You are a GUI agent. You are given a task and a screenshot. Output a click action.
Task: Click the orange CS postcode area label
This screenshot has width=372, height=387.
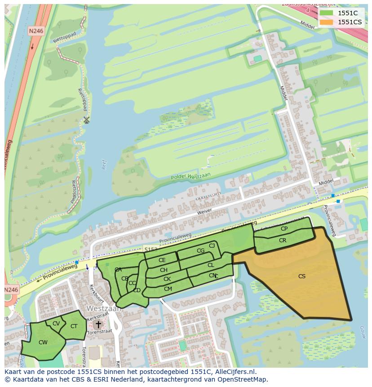click(302, 276)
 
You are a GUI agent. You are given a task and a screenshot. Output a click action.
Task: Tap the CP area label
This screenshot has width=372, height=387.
click(284, 229)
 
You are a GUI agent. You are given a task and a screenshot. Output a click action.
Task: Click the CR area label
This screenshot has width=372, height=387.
click(283, 240)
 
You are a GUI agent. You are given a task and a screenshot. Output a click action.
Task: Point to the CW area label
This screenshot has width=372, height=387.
click(43, 343)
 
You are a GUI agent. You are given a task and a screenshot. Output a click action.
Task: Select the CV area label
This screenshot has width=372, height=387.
click(56, 324)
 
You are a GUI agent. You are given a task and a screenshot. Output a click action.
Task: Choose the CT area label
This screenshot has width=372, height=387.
click(74, 326)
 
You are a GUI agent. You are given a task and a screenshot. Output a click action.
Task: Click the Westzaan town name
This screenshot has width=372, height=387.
click(104, 309)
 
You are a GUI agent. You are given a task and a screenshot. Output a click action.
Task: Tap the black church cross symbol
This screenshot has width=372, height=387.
click(98, 324)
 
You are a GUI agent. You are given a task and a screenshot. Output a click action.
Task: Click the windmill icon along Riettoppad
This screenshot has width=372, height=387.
click(86, 120)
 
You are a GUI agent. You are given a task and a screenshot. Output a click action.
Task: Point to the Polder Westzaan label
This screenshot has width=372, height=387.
click(190, 176)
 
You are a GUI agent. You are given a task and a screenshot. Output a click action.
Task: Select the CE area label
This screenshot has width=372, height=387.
click(162, 260)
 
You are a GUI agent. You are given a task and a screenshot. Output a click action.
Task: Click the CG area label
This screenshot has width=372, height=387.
click(200, 251)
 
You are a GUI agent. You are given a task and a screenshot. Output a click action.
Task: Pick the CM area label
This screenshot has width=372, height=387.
click(168, 289)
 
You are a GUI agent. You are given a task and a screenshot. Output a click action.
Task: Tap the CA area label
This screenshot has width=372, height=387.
click(118, 270)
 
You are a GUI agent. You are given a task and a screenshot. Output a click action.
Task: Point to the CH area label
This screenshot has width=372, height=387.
click(164, 270)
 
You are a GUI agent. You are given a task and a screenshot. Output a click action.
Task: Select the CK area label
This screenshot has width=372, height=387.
click(167, 279)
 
